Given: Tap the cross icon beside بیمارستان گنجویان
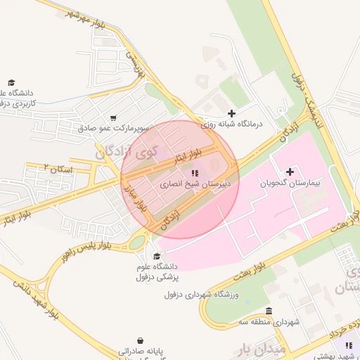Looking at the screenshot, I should [290, 172].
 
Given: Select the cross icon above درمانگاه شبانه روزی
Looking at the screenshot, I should [232, 112].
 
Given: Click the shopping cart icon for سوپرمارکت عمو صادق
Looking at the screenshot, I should [113, 118].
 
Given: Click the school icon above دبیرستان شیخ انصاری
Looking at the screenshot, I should [195, 172].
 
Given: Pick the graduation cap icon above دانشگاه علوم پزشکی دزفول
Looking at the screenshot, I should [156, 256].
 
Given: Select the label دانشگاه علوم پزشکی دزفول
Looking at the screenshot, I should [156, 271].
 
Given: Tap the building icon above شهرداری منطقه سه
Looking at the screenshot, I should [269, 311].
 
